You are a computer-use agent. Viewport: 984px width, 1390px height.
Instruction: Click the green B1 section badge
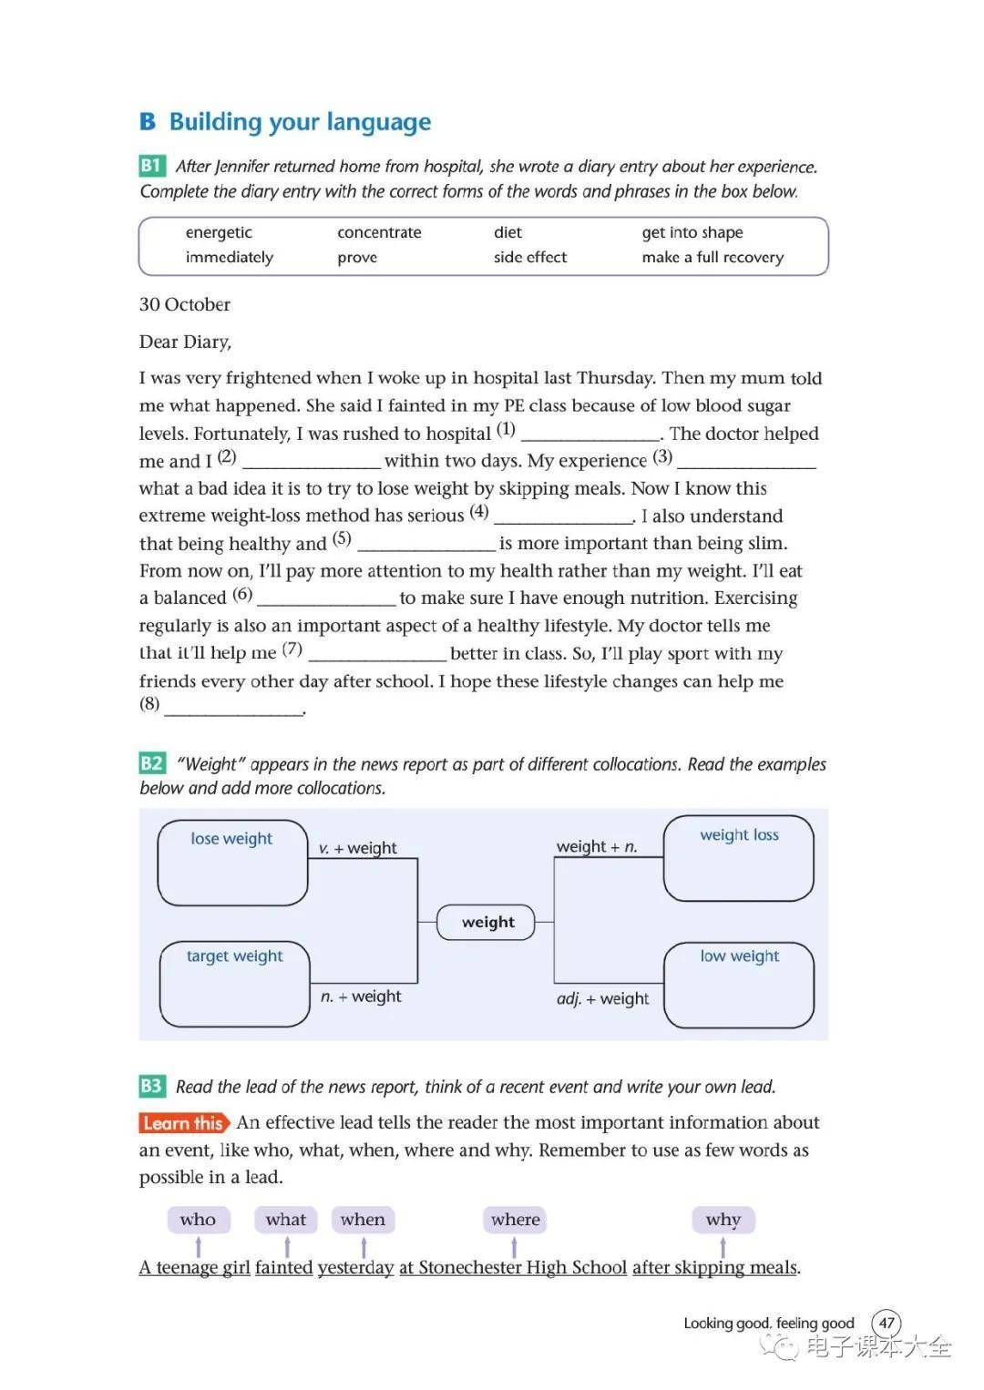tap(151, 166)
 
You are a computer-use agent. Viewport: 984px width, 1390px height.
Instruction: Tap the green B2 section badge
tap(151, 763)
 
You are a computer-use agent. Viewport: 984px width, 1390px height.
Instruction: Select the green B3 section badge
tap(151, 1086)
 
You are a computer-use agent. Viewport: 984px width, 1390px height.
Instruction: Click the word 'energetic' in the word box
tap(219, 232)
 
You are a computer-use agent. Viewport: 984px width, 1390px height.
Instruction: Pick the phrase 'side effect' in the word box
tap(530, 257)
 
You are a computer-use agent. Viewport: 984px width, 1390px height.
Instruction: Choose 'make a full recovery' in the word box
tap(712, 257)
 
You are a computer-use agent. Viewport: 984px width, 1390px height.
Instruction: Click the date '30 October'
tap(185, 304)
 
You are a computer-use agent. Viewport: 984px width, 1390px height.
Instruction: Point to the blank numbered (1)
tap(590, 434)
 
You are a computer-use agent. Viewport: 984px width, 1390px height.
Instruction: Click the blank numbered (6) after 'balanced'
tap(328, 599)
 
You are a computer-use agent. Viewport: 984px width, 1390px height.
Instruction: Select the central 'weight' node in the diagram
tap(487, 922)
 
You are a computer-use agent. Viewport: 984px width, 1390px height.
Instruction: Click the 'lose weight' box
tap(232, 862)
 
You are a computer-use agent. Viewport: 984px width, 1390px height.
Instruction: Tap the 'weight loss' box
tap(739, 858)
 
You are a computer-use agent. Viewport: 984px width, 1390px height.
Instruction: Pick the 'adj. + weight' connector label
tap(603, 998)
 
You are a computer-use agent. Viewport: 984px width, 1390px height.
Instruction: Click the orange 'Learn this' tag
tap(184, 1123)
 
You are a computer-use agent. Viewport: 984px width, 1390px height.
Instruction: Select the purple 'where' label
tap(515, 1220)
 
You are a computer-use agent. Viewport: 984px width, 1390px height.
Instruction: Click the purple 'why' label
tap(723, 1220)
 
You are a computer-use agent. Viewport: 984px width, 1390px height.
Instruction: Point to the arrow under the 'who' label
tap(199, 1246)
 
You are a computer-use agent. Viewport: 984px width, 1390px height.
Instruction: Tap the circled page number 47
tap(887, 1323)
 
